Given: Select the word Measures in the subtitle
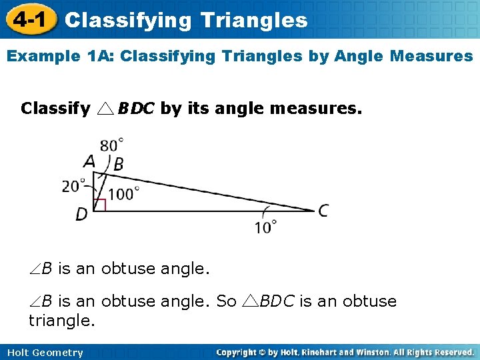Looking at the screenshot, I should click(x=432, y=56).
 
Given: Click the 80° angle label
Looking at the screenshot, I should click(x=112, y=144).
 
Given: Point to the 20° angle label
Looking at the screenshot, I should click(x=74, y=185).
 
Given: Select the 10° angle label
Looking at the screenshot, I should click(x=265, y=227).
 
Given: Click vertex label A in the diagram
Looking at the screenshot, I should click(x=89, y=161).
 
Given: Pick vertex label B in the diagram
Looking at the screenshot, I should click(x=119, y=165).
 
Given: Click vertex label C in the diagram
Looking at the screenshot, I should click(x=323, y=211).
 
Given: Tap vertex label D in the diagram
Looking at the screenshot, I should click(x=81, y=215).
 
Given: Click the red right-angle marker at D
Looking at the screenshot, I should click(x=99, y=205).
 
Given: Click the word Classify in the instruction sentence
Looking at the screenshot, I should click(x=55, y=108).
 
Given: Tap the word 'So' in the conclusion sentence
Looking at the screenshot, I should click(x=227, y=301).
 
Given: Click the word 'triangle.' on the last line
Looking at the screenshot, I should click(x=62, y=321).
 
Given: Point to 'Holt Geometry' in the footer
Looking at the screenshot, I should click(x=46, y=353).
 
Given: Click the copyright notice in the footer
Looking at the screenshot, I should click(x=345, y=352).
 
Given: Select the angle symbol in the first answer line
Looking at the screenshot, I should click(x=35, y=269).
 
